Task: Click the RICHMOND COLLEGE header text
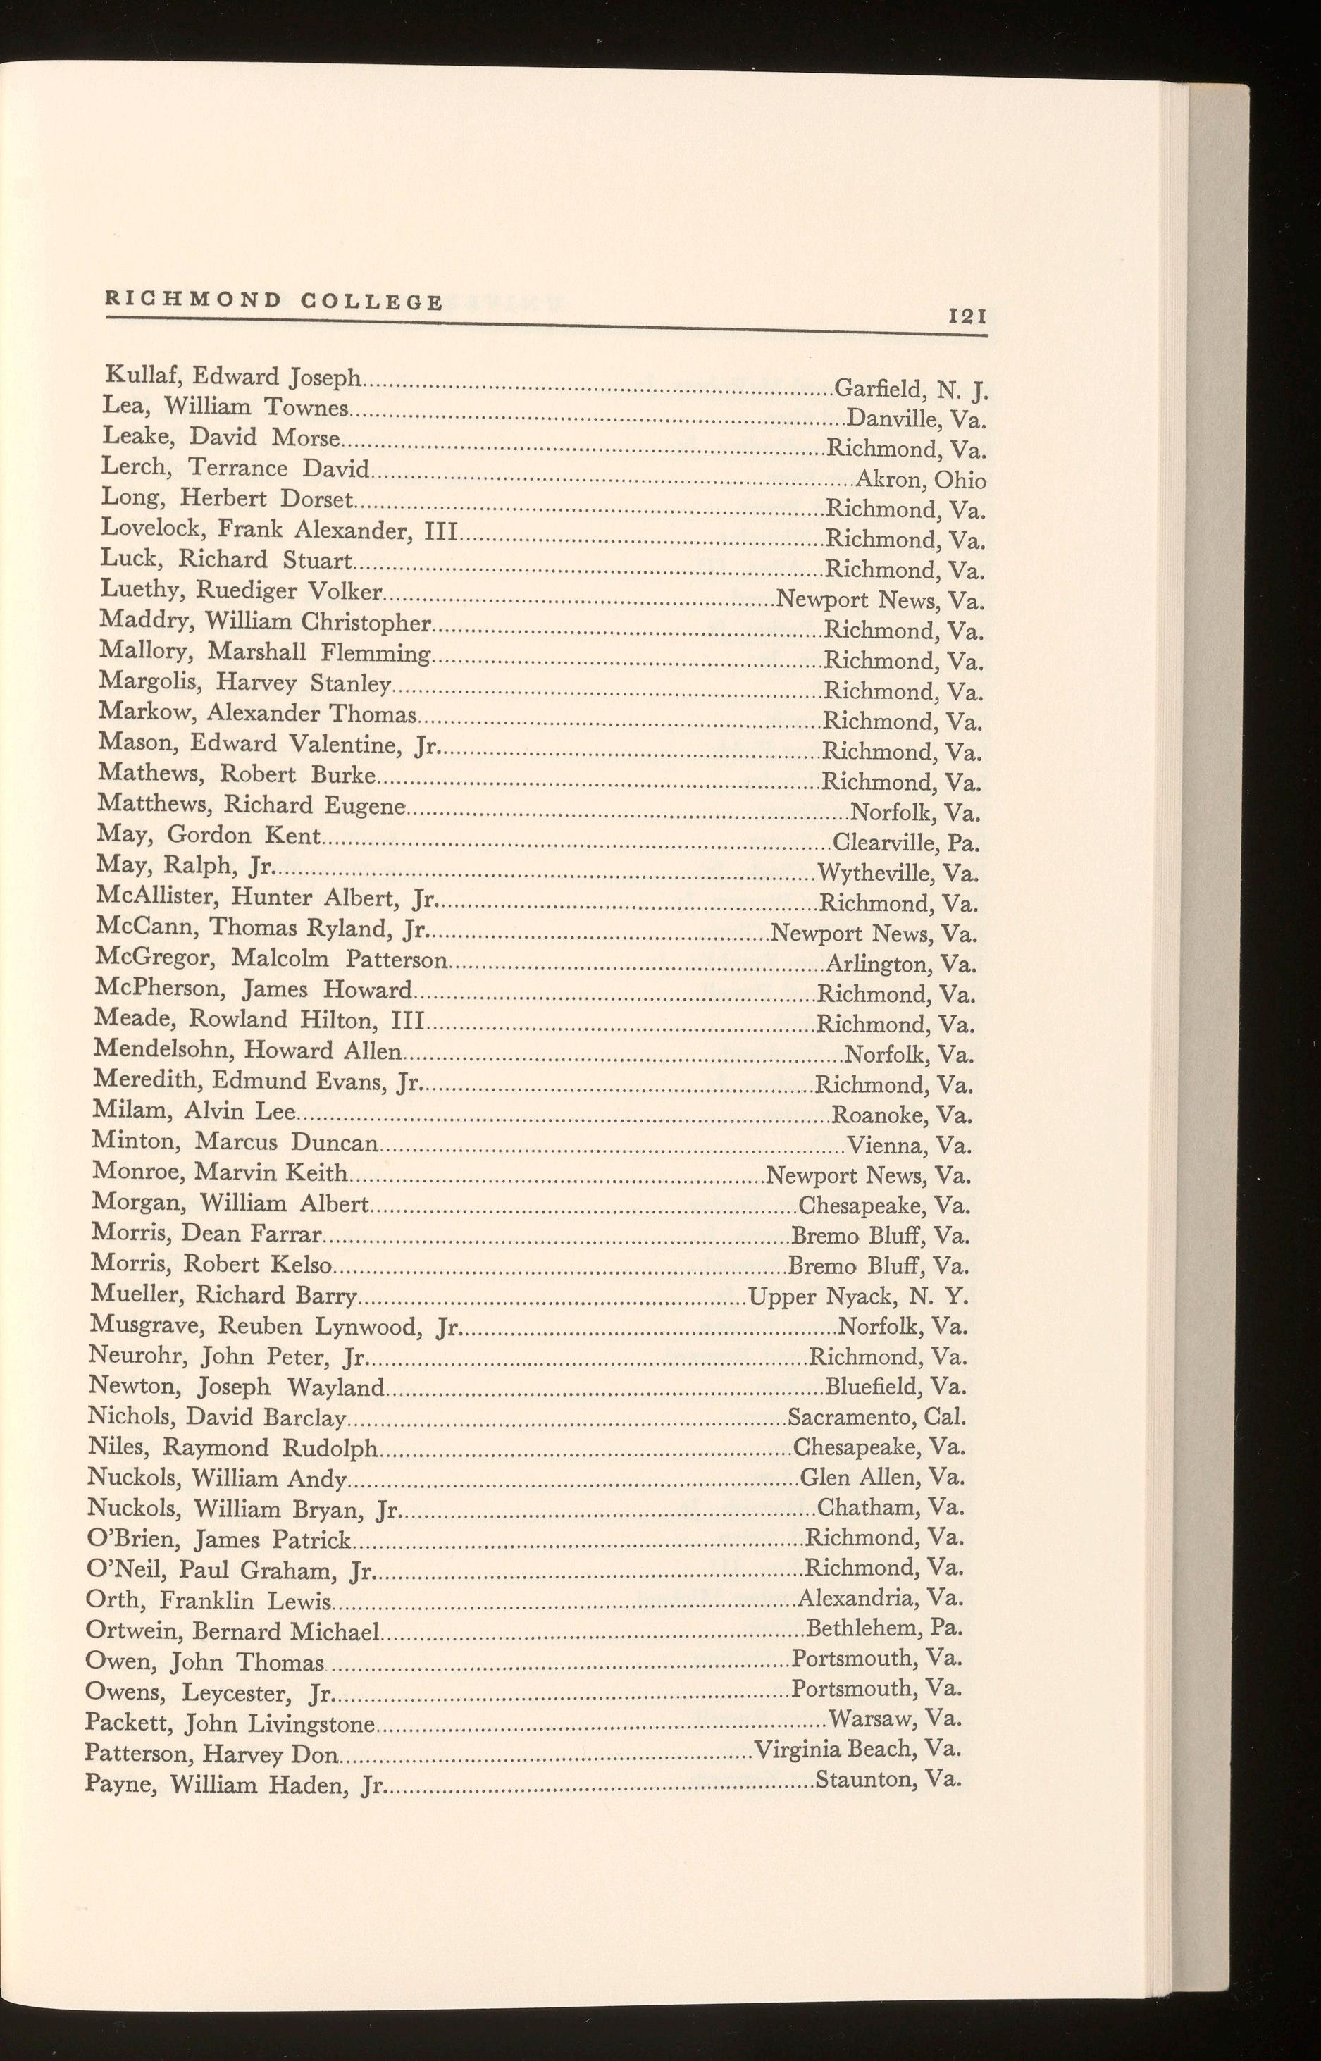273,301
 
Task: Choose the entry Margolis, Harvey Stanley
245,683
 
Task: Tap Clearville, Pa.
907,843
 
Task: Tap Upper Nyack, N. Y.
860,1296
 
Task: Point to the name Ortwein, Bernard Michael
232,1630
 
